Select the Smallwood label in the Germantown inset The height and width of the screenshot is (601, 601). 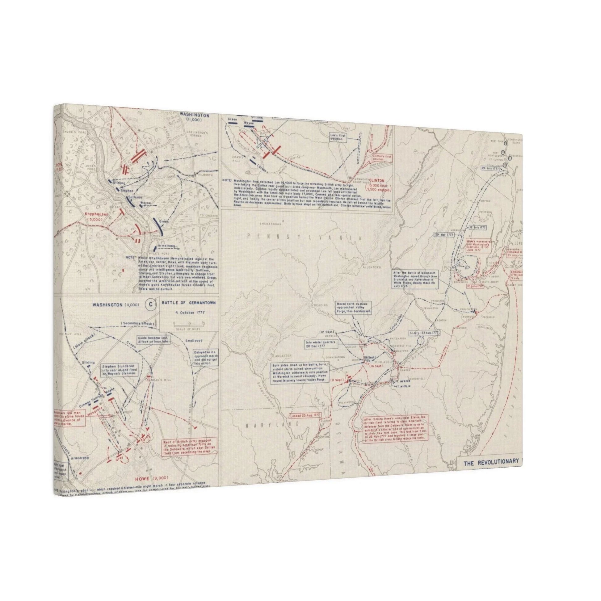(194, 341)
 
